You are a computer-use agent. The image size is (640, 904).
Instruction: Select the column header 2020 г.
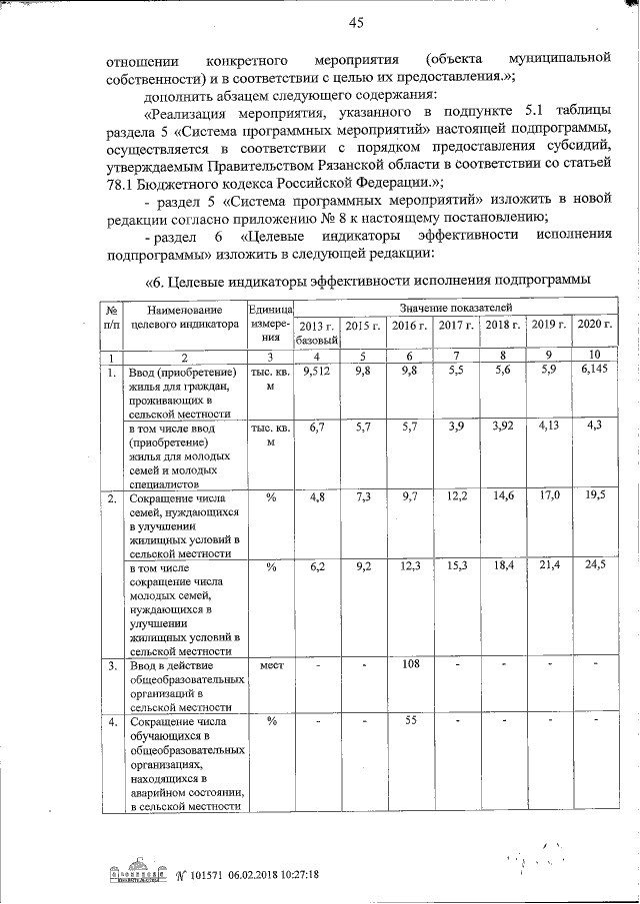(594, 326)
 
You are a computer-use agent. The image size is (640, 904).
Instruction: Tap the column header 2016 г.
(409, 326)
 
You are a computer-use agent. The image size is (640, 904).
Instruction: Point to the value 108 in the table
(409, 663)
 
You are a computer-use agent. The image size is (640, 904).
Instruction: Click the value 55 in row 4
(409, 720)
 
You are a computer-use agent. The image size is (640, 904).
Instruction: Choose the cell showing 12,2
(456, 495)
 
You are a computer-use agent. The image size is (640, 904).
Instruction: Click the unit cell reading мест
(271, 663)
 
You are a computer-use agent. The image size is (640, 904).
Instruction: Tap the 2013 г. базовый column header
(317, 334)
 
